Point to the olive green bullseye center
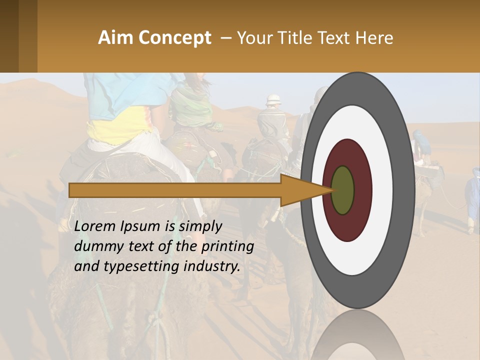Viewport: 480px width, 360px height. pos(343,190)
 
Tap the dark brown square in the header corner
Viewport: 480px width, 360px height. pos(9,36)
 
